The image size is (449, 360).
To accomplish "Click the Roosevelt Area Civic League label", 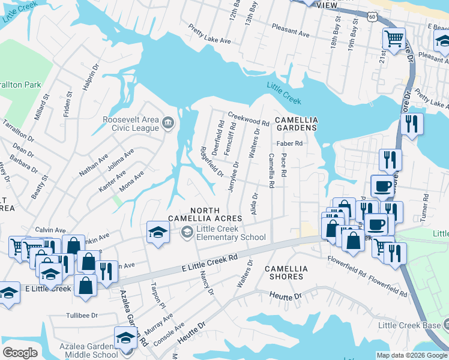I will pos(130,123).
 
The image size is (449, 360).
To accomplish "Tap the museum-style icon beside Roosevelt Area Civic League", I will pos(168,123).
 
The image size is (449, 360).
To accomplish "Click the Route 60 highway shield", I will pos(373,17).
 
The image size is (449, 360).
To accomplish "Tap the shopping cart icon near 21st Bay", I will pos(394,39).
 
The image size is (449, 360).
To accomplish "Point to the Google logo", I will pos(20,352).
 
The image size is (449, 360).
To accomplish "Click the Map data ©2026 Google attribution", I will pos(411,355).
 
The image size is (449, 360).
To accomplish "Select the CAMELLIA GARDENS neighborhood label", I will pos(295,124).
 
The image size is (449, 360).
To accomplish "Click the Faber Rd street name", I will pos(289,144).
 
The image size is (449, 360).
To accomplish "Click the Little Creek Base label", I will pos(409,325).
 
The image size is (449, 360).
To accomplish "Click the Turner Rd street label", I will pos(425,205).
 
